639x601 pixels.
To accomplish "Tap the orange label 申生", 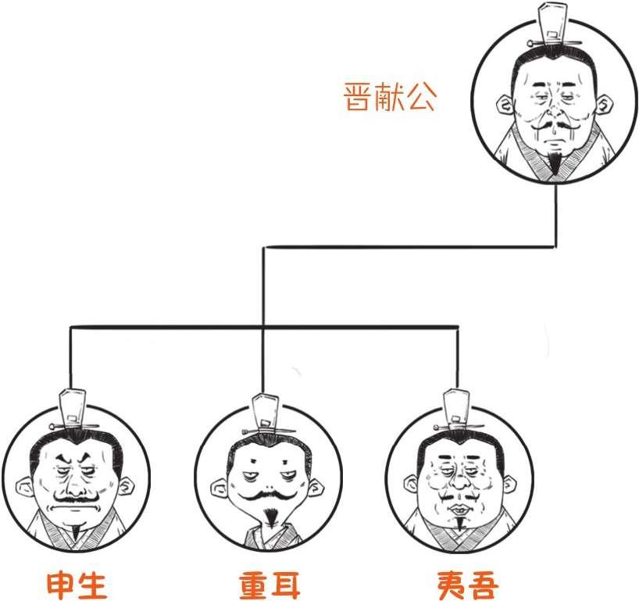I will coord(77,584).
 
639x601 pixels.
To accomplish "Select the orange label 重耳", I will coord(270,584).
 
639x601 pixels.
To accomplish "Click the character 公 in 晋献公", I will coord(421,97).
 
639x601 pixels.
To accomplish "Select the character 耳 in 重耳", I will coord(286,584).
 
